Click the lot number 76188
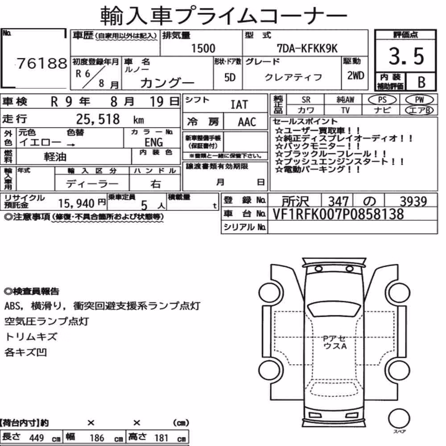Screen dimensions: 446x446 (42, 63)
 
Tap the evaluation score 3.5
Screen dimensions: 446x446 (406, 56)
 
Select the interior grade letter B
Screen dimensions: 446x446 (421, 82)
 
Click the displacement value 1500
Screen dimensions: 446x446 (203, 48)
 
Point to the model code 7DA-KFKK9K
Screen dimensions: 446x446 (307, 49)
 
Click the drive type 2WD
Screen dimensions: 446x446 (355, 76)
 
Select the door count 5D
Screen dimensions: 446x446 (230, 77)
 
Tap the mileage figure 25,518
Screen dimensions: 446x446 (98, 119)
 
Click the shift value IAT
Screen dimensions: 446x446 (239, 105)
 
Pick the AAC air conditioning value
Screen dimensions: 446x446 (247, 122)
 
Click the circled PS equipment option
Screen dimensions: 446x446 (382, 100)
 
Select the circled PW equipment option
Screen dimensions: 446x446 (419, 100)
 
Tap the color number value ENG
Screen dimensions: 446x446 (154, 142)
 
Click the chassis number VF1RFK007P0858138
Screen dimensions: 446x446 (338, 214)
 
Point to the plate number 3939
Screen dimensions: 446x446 (413, 202)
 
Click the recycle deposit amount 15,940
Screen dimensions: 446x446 (76, 203)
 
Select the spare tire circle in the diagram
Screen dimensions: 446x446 (399, 419)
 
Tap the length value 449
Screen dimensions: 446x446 (37, 438)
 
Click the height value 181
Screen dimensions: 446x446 (161, 438)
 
